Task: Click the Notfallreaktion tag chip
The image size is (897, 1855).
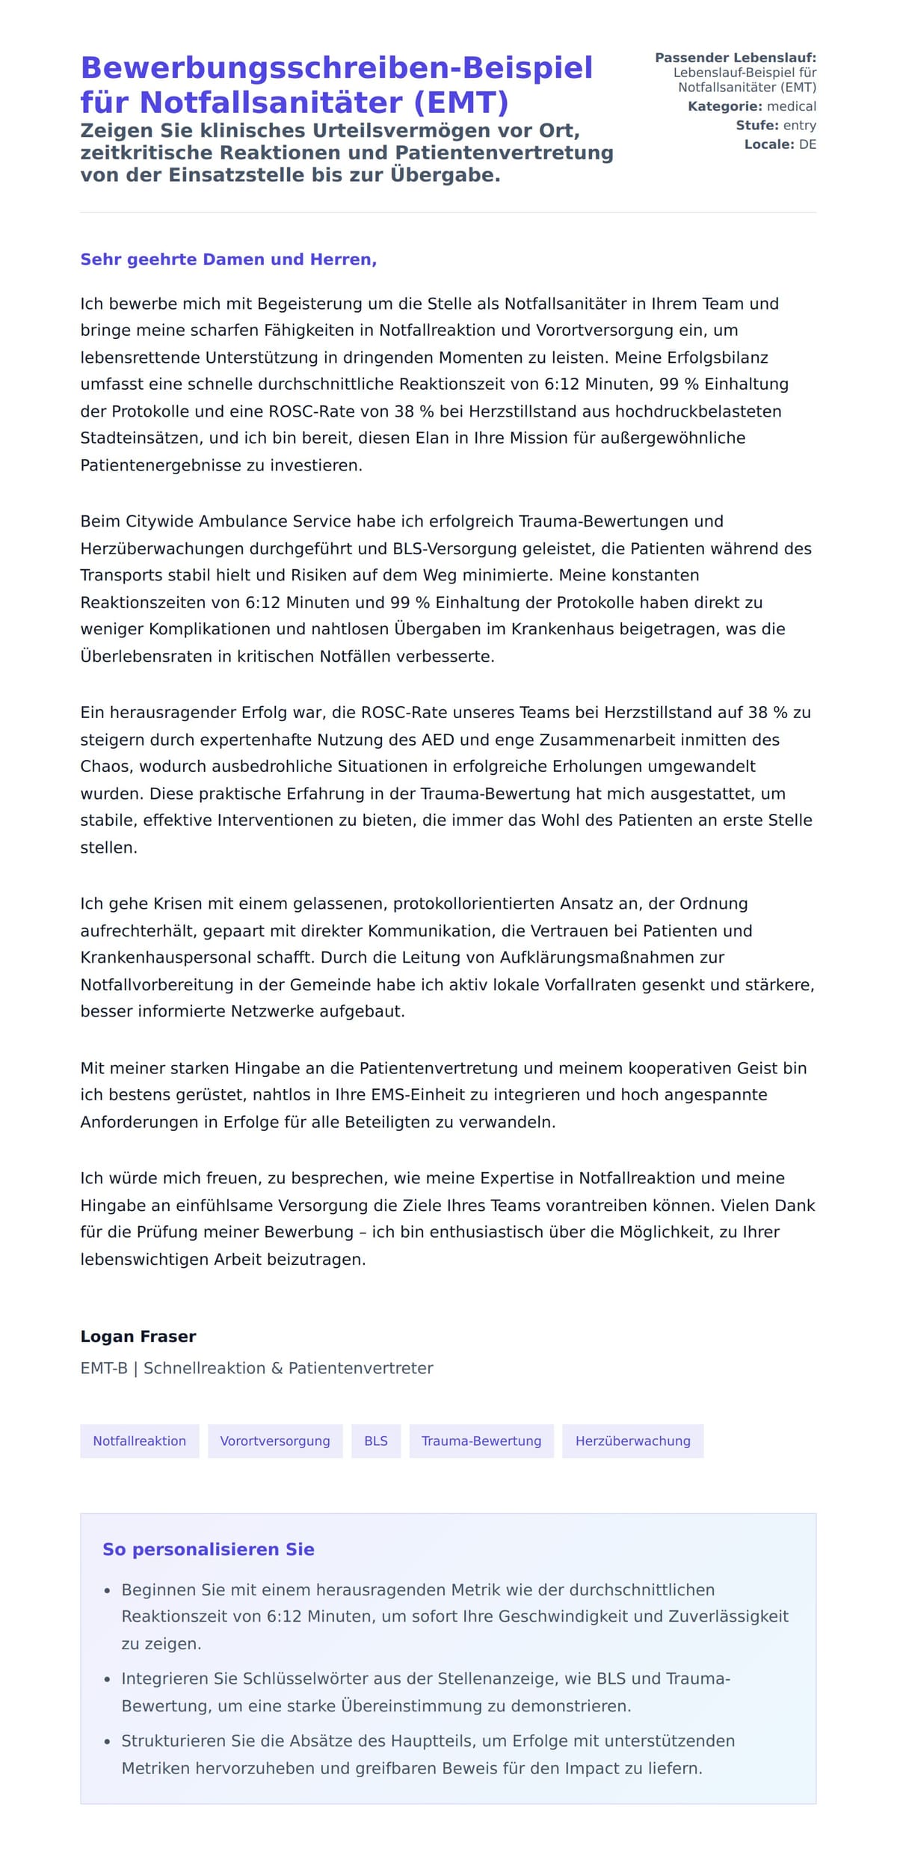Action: tap(139, 1441)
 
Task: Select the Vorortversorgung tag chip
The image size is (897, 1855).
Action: tap(274, 1441)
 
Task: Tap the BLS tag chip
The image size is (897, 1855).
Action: tap(376, 1441)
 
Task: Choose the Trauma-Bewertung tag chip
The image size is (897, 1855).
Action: tap(481, 1441)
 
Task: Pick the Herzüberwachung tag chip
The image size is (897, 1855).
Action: tap(632, 1441)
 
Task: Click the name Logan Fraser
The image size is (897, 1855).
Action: tap(138, 1337)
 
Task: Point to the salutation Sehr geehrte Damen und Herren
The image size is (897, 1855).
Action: tap(228, 260)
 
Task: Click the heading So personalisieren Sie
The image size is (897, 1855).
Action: tap(208, 1549)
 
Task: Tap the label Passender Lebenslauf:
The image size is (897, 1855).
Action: tap(736, 58)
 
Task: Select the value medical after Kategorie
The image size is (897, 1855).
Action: tap(792, 106)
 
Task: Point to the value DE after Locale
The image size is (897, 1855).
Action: tap(807, 144)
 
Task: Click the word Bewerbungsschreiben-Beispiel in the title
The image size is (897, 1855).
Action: tap(336, 67)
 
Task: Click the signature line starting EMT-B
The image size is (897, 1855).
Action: tap(256, 1368)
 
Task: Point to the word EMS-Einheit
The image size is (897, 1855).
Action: tap(424, 1095)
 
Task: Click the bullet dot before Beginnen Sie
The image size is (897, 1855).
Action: tap(108, 1591)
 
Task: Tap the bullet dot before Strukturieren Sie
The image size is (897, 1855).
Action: tap(108, 1742)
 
